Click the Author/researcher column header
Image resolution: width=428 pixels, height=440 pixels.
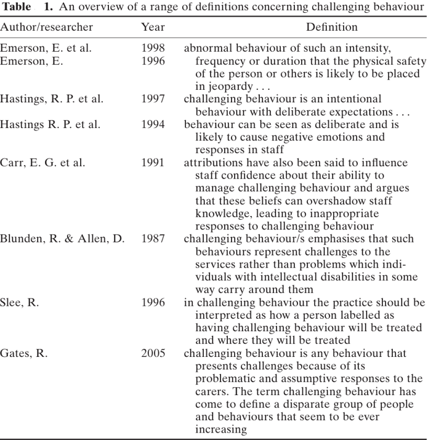tap(47, 27)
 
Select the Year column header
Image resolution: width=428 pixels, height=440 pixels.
tap(153, 27)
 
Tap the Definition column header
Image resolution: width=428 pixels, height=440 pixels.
tap(332, 27)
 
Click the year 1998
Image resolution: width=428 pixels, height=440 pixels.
tap(153, 48)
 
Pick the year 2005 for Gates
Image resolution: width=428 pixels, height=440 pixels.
tap(153, 353)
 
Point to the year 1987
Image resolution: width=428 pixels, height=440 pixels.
tap(153, 239)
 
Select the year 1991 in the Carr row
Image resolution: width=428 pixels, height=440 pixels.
tap(153, 162)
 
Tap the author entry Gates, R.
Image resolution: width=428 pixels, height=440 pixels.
tap(24, 353)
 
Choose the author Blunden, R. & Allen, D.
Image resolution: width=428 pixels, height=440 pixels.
tap(62, 239)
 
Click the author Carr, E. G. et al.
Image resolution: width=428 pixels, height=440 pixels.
tap(42, 162)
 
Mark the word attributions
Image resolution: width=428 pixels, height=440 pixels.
tap(212, 162)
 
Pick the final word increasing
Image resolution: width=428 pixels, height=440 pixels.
tap(221, 430)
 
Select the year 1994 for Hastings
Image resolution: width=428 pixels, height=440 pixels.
tap(153, 124)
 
